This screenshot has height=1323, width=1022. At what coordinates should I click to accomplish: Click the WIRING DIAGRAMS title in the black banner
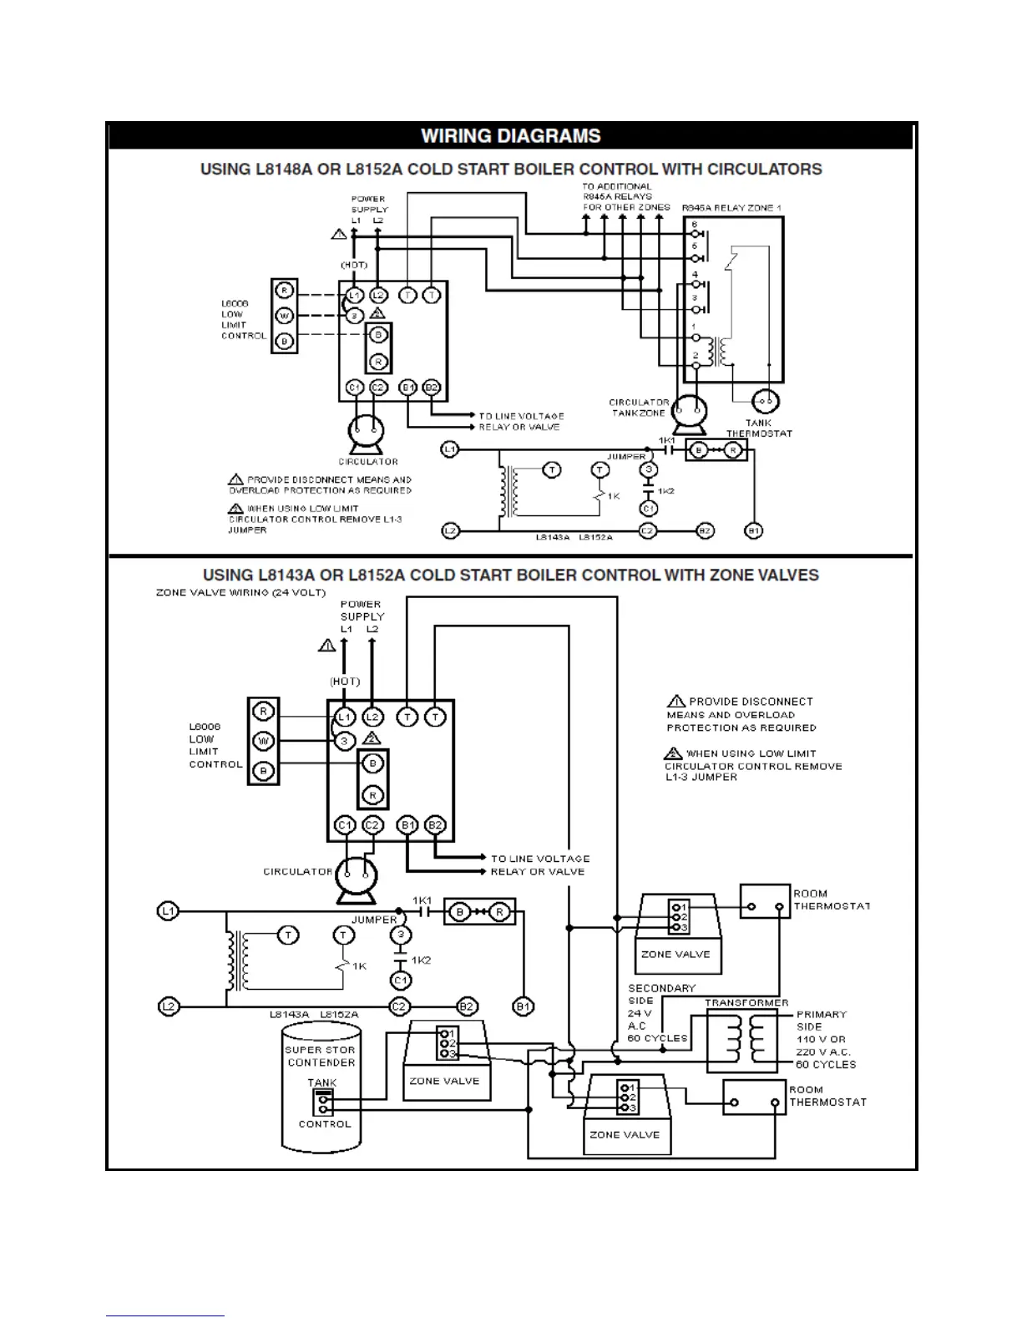(510, 136)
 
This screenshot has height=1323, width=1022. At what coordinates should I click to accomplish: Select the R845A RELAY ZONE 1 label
(731, 207)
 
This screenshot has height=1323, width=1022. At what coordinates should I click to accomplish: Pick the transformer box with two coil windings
(746, 1040)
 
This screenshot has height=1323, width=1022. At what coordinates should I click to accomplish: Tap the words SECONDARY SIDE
(661, 994)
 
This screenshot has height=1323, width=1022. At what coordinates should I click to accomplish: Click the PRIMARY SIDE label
(822, 1021)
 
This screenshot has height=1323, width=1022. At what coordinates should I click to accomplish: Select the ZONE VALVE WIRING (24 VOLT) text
(240, 593)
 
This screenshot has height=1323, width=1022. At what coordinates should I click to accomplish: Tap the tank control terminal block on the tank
(321, 1103)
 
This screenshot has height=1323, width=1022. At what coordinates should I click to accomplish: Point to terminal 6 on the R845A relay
(695, 225)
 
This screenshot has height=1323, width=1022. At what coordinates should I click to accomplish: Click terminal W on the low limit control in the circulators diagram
(284, 316)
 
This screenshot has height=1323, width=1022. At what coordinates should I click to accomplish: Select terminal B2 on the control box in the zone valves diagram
(434, 825)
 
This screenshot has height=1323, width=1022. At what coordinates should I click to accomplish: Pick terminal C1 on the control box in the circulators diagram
(354, 388)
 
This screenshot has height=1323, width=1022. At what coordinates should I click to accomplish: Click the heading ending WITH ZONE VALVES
(510, 575)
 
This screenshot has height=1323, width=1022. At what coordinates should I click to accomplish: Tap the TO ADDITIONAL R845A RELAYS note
(626, 197)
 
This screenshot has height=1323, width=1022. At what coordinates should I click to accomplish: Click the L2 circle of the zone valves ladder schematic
(169, 1006)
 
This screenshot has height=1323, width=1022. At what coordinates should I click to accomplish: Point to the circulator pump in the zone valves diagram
(356, 877)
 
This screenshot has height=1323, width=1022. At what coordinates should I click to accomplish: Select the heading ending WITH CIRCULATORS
(510, 170)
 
